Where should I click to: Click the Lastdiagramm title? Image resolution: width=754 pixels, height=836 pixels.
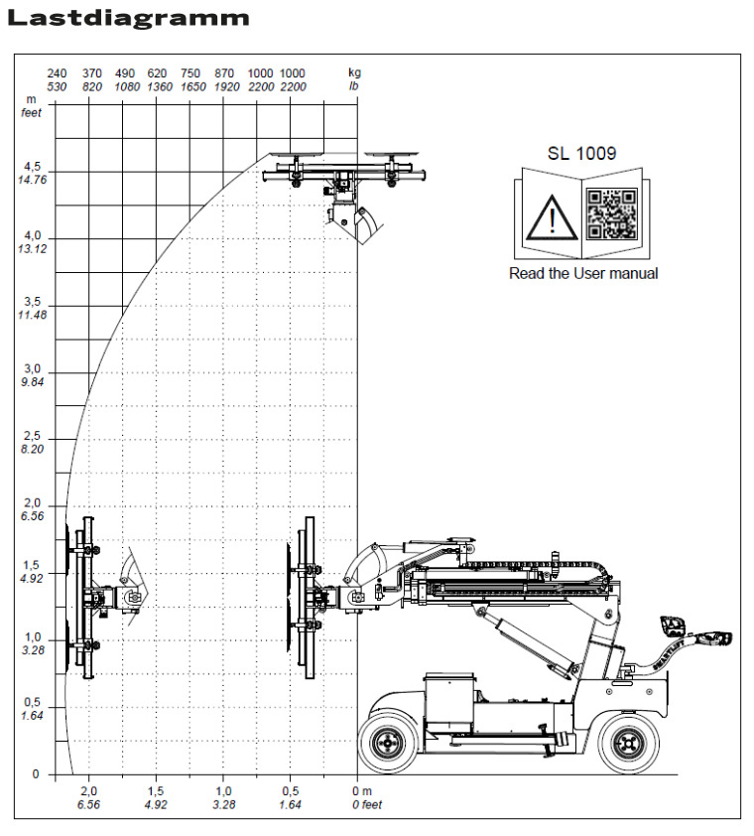click(128, 18)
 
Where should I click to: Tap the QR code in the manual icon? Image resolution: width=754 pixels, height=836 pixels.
click(609, 213)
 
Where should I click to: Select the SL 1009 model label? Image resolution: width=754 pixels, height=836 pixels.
click(582, 154)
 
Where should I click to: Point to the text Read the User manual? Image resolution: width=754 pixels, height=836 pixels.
click(582, 273)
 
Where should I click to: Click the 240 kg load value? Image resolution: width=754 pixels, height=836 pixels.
click(57, 73)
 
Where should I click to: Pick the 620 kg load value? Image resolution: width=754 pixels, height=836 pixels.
click(157, 73)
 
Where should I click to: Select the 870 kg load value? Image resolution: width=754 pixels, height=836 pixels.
click(224, 73)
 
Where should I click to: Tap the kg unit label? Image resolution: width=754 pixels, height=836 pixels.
click(354, 73)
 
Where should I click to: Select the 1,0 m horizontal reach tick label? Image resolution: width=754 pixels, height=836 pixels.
click(223, 790)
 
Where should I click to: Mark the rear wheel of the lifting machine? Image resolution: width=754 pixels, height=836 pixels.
click(628, 741)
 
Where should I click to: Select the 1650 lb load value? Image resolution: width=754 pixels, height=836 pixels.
click(191, 87)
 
